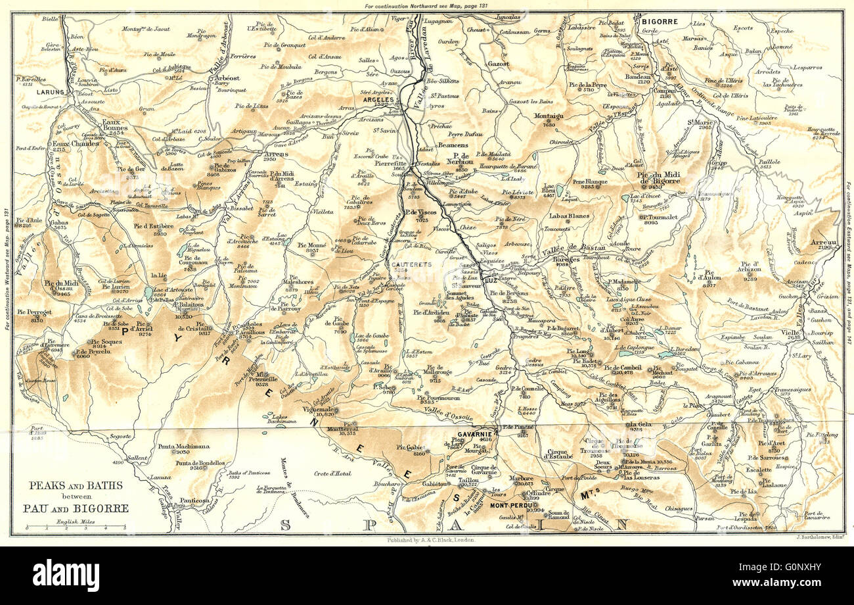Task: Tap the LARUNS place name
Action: point(51,93)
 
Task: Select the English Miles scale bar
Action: point(76,527)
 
